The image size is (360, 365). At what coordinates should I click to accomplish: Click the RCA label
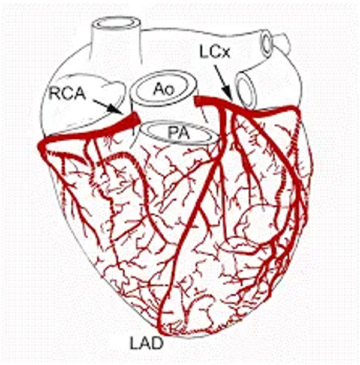[67, 94]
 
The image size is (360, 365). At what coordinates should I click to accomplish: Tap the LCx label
[215, 52]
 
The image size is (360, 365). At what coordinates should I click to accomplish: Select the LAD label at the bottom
[146, 343]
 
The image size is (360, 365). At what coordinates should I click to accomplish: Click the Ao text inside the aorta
[164, 89]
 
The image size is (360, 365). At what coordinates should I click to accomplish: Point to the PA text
[178, 133]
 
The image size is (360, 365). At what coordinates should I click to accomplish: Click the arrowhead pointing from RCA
[116, 109]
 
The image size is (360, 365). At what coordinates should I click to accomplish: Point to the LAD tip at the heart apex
[161, 331]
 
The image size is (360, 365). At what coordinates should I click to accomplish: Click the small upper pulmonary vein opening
[266, 44]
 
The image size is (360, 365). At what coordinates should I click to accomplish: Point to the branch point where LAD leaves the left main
[221, 107]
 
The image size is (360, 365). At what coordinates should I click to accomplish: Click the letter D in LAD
[157, 343]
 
